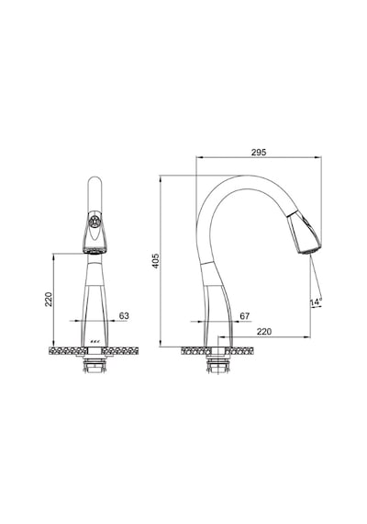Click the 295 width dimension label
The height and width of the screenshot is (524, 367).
coord(259,153)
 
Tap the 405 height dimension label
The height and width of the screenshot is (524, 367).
coord(155,261)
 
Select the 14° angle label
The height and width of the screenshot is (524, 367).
coord(316,302)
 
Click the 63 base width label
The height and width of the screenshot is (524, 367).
coord(124,316)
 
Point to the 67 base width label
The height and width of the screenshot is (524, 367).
coord(245,316)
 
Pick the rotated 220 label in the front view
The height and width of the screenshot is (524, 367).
coord(49,300)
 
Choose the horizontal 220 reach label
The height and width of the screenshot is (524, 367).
coord(264,332)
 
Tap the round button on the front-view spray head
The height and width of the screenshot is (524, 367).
coord(95,221)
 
